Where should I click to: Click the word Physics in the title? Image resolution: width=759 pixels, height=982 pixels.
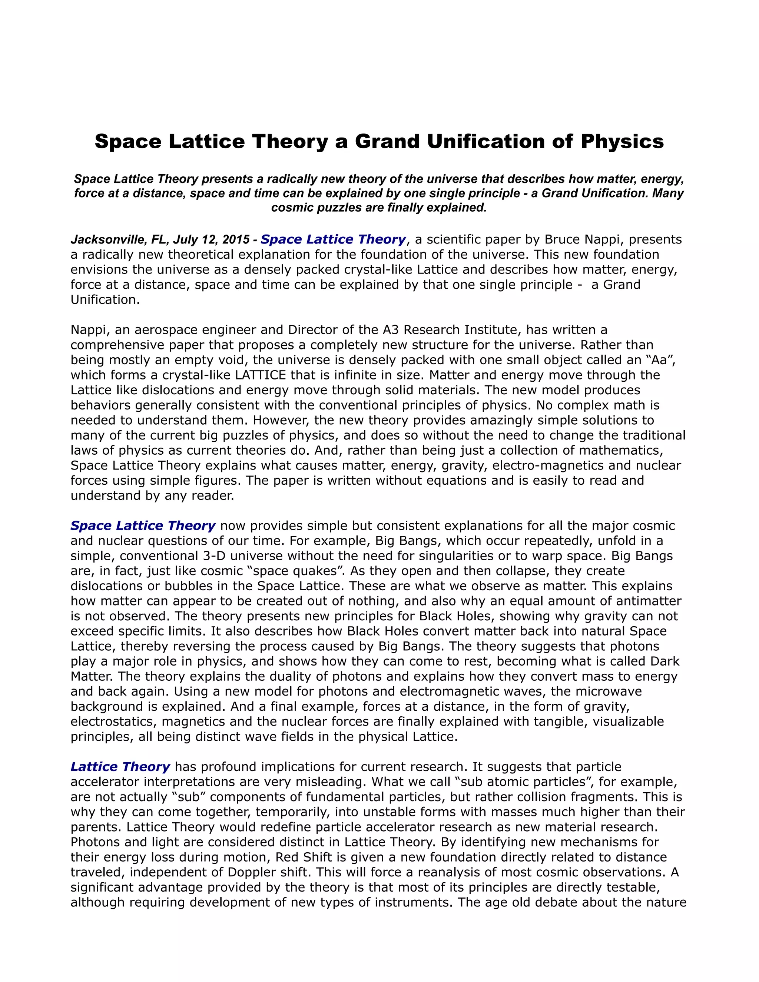pyautogui.click(x=622, y=142)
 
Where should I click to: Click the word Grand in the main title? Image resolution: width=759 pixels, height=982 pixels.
pyautogui.click(x=388, y=142)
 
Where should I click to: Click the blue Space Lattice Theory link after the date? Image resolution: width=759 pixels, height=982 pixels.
pyautogui.click(x=333, y=240)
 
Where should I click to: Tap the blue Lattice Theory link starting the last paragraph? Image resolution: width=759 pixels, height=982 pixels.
pyautogui.click(x=120, y=767)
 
